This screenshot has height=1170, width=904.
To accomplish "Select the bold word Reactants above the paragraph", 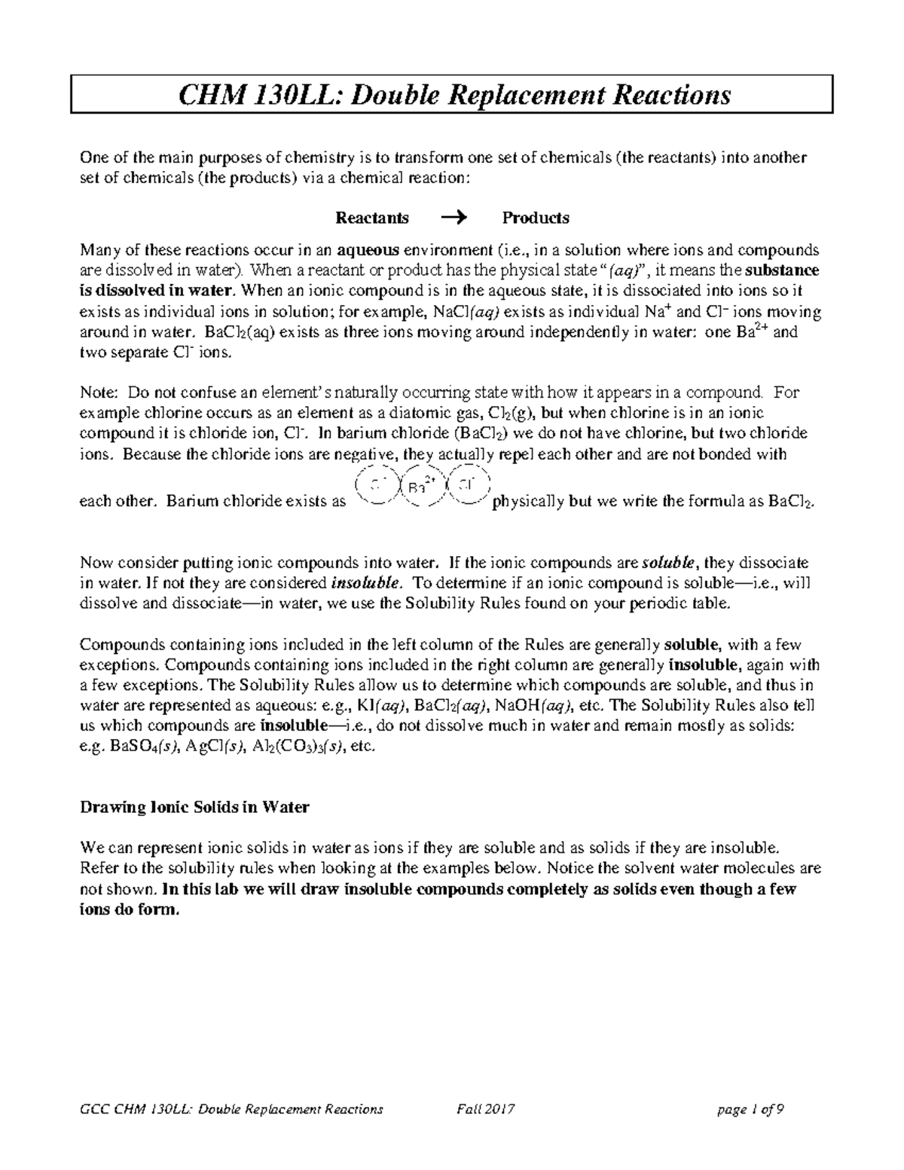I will [x=372, y=218].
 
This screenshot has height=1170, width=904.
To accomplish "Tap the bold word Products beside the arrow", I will [x=536, y=218].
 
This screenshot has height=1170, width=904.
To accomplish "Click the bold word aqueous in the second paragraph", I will [x=369, y=250].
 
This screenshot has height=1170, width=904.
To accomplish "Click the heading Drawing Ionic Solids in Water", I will [x=194, y=807].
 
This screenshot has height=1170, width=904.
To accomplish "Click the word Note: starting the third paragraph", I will [x=99, y=393].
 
